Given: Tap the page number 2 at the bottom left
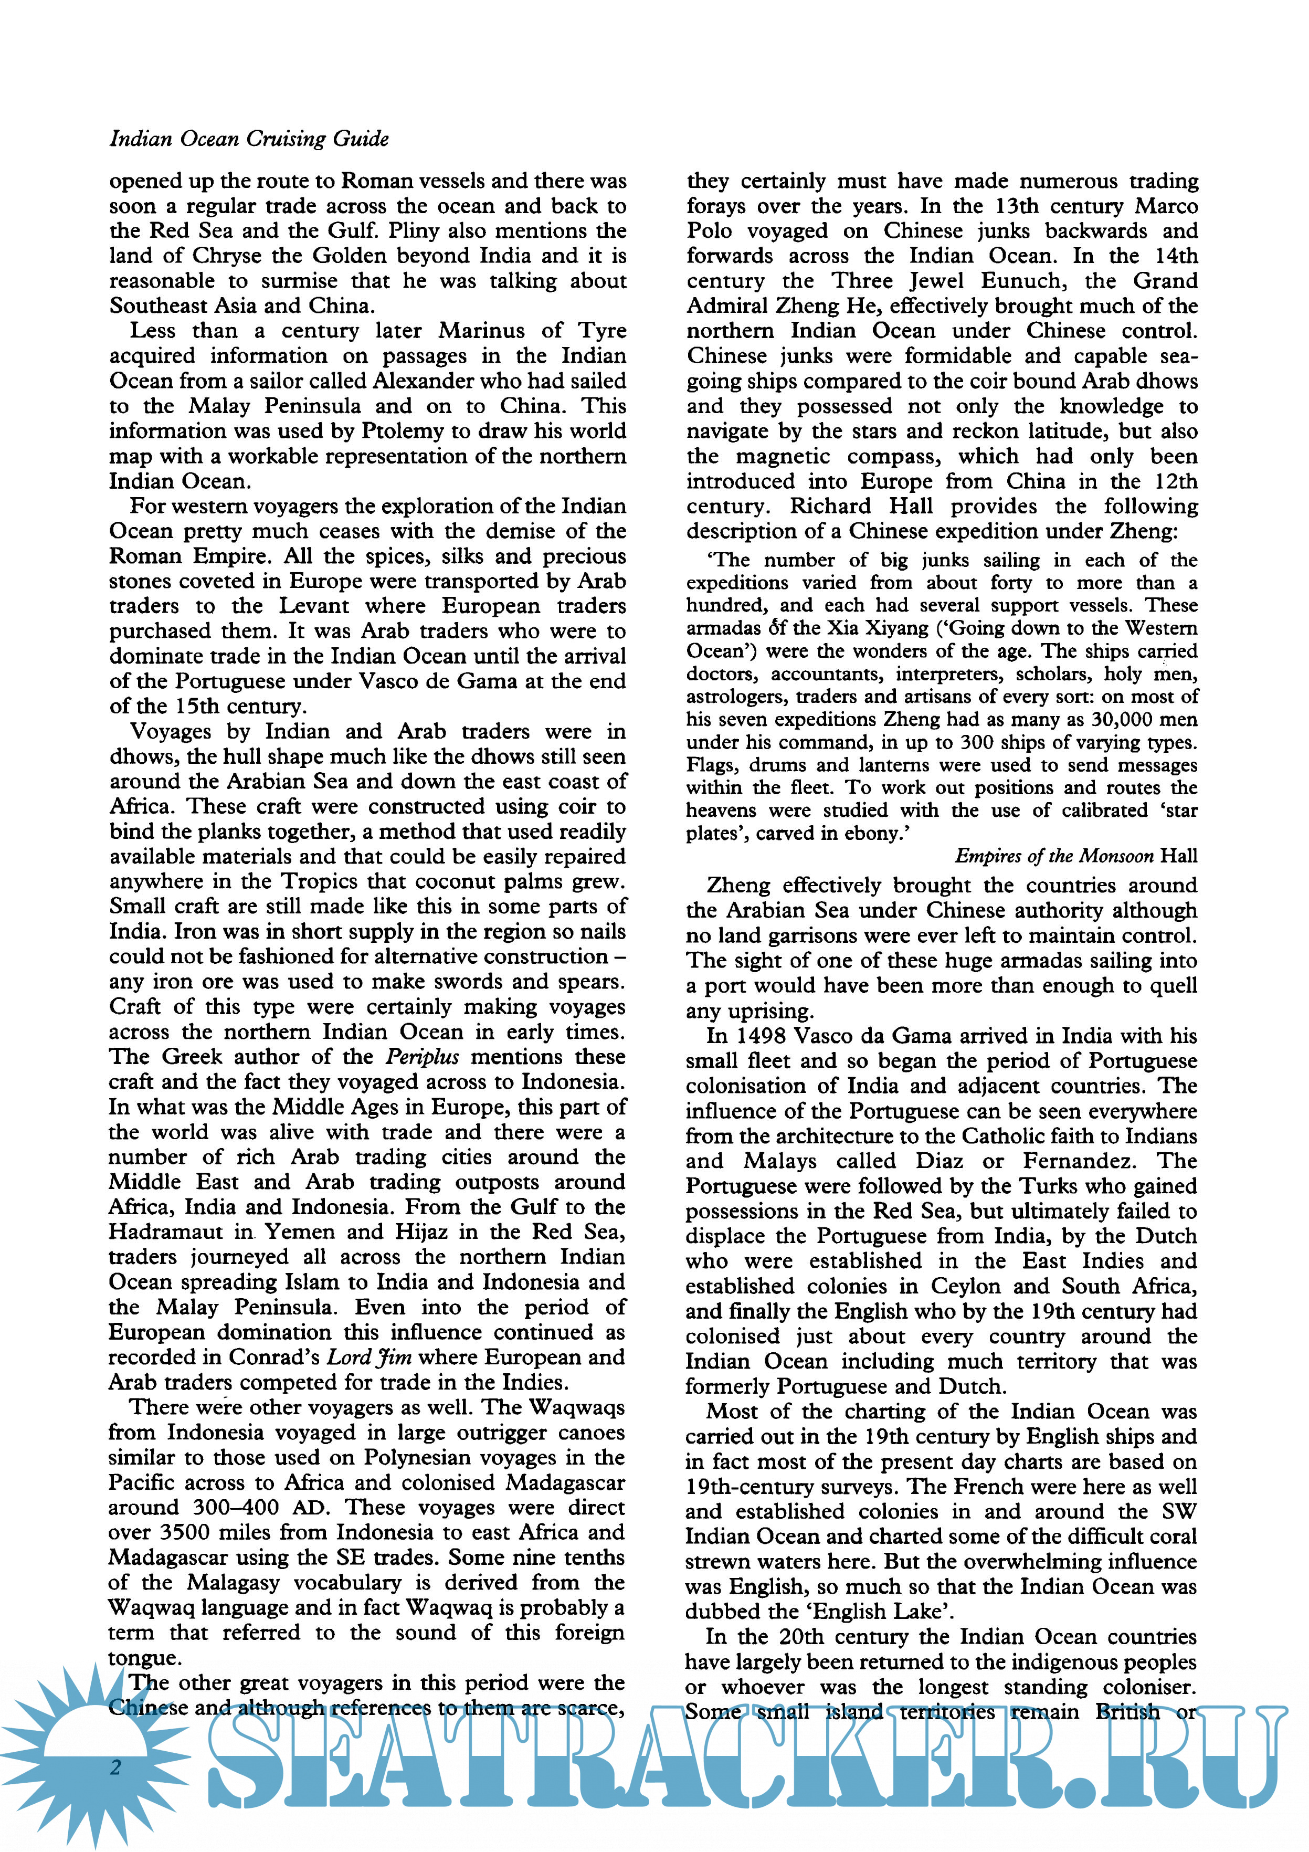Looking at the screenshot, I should coord(115,1766).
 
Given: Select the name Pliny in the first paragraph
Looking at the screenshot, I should coord(415,230).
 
